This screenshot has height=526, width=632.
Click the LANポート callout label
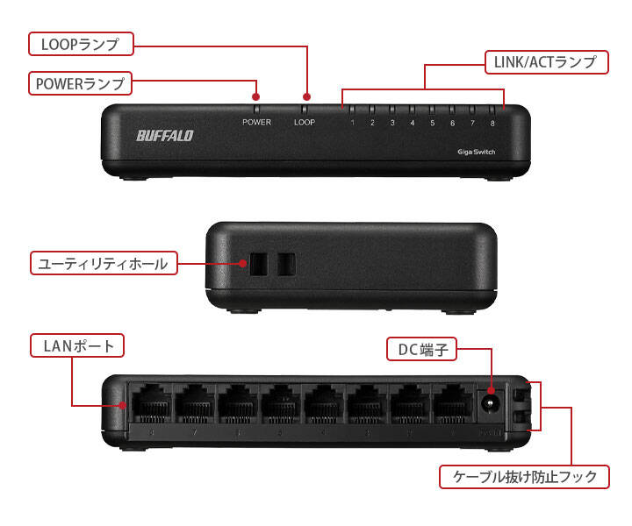click(78, 345)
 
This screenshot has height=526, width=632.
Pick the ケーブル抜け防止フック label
click(524, 477)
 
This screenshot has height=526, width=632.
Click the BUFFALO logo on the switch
click(164, 136)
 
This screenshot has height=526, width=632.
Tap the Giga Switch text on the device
click(477, 152)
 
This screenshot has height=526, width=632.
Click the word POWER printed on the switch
click(256, 122)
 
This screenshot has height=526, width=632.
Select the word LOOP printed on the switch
click(305, 122)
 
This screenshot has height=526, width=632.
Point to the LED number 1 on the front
click(352, 122)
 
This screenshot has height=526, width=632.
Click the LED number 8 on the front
click(492, 122)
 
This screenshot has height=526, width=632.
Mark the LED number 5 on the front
click(432, 122)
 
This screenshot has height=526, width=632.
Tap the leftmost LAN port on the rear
click(152, 403)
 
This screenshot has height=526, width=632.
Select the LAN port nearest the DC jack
click(452, 403)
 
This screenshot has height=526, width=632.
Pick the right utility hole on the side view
click(286, 263)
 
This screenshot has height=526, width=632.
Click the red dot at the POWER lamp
click(256, 96)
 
